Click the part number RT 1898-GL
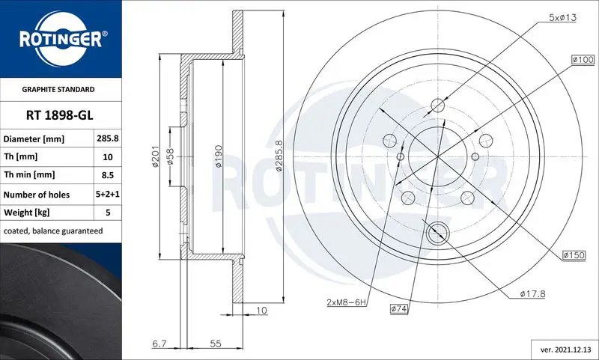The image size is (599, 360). (x=60, y=115)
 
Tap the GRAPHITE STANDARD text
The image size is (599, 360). (x=58, y=89)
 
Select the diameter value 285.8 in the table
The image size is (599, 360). (x=108, y=138)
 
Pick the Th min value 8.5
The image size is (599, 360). (x=108, y=175)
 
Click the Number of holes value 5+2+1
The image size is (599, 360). (x=108, y=194)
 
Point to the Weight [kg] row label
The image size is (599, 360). (x=27, y=213)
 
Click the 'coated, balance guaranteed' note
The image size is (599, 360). (x=53, y=231)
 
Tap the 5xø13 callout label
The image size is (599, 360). (x=563, y=17)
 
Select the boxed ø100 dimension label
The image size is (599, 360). (x=583, y=60)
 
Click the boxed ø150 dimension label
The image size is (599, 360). (x=574, y=255)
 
